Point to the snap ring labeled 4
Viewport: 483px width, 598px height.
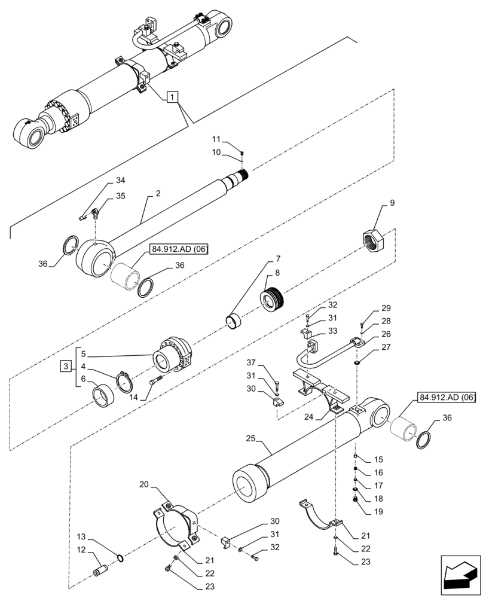pyautogui.click(x=123, y=382)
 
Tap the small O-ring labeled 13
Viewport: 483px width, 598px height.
pyautogui.click(x=121, y=559)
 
